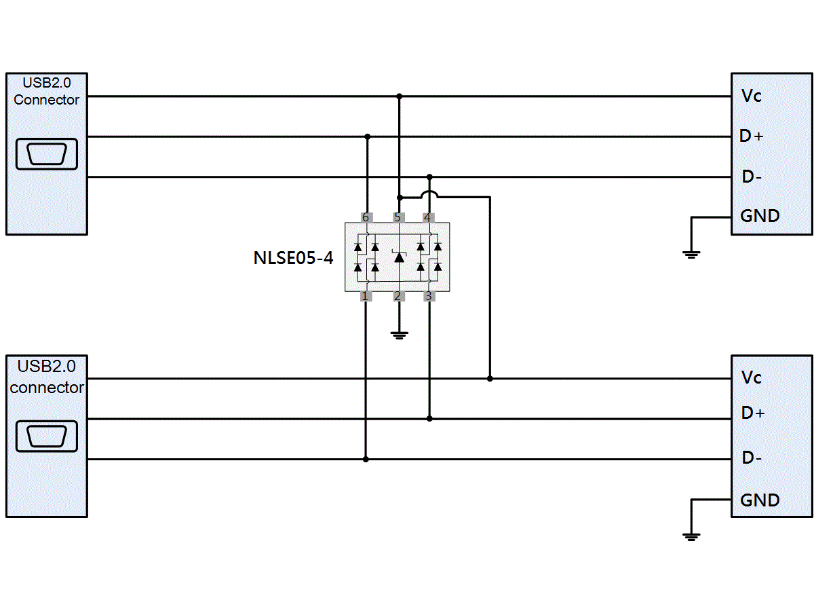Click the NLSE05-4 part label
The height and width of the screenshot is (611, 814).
point(293,258)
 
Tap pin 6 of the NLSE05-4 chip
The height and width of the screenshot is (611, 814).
point(366,217)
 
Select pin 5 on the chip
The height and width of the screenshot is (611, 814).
point(398,217)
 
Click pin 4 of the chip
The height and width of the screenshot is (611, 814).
point(428,217)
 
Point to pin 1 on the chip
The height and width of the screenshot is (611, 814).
point(365,297)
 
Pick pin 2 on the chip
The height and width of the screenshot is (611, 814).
point(398,297)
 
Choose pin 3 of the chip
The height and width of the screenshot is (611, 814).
point(428,297)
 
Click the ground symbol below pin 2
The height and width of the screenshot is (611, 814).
point(399,334)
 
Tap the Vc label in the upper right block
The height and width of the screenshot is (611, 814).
point(751,96)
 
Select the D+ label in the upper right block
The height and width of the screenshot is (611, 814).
point(751,136)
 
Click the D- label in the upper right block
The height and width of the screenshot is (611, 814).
point(751,177)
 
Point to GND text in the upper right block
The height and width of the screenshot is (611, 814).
point(760,216)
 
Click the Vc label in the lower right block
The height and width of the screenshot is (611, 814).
point(751,377)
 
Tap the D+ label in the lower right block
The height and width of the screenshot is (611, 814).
point(752,413)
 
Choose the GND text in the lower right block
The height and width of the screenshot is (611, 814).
point(760,500)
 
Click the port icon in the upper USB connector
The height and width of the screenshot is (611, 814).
point(47,154)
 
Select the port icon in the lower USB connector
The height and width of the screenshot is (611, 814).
point(47,436)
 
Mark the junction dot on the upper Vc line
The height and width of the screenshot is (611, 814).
point(399,96)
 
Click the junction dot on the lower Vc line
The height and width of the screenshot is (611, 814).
point(490,378)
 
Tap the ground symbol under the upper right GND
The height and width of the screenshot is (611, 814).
point(691,255)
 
